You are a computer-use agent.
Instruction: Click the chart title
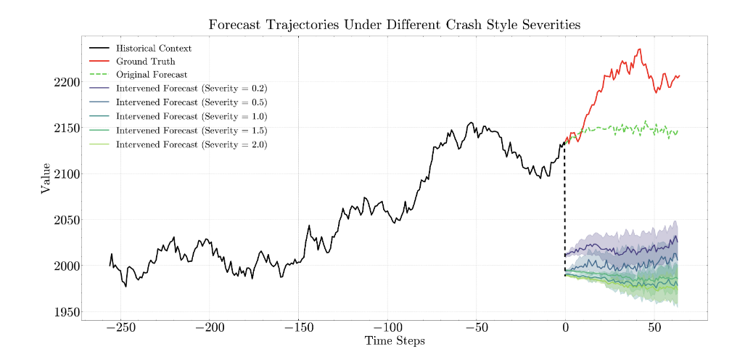pos(395,25)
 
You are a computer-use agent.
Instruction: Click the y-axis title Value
pos(46,179)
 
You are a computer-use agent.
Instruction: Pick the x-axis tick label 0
pos(565,327)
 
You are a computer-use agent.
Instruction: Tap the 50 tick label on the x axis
pos(654,327)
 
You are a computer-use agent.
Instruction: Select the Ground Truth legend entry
pos(144,62)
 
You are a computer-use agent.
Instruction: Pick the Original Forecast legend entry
pos(152,75)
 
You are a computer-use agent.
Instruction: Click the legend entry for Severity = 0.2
pos(192,89)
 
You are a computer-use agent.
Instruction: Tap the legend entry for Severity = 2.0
pos(192,145)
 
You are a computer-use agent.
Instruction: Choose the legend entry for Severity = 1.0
pos(192,117)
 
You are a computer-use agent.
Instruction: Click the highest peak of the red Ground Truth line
pos(639,49)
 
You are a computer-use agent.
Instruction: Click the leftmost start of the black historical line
pos(110,266)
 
